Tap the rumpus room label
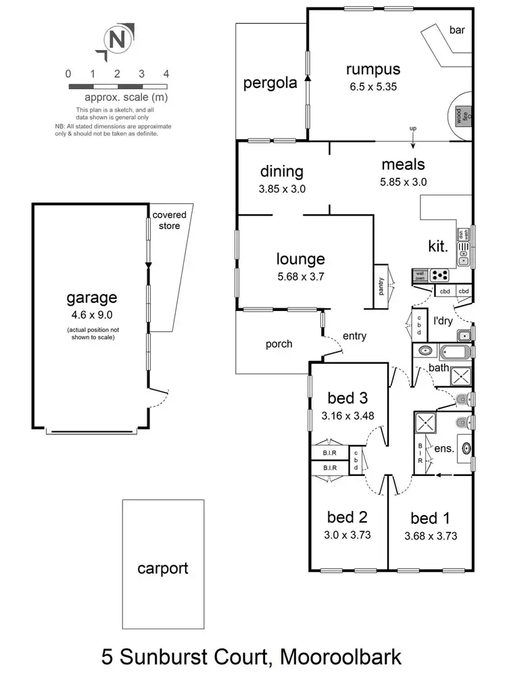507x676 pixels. [x=373, y=69]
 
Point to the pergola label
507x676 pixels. [x=270, y=83]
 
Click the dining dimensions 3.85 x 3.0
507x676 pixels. [x=282, y=189]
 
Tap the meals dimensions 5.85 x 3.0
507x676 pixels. [x=403, y=181]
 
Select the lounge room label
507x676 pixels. [x=300, y=259]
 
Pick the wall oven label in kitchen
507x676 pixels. [x=420, y=274]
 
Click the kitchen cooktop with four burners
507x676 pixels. [x=440, y=275]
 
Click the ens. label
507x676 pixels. [x=444, y=448]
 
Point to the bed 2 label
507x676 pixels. [x=347, y=518]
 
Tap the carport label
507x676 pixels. [x=163, y=569]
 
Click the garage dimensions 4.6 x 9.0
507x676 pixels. [x=91, y=314]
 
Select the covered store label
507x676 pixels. [x=169, y=220]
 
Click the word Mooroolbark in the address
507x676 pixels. [x=345, y=655]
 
